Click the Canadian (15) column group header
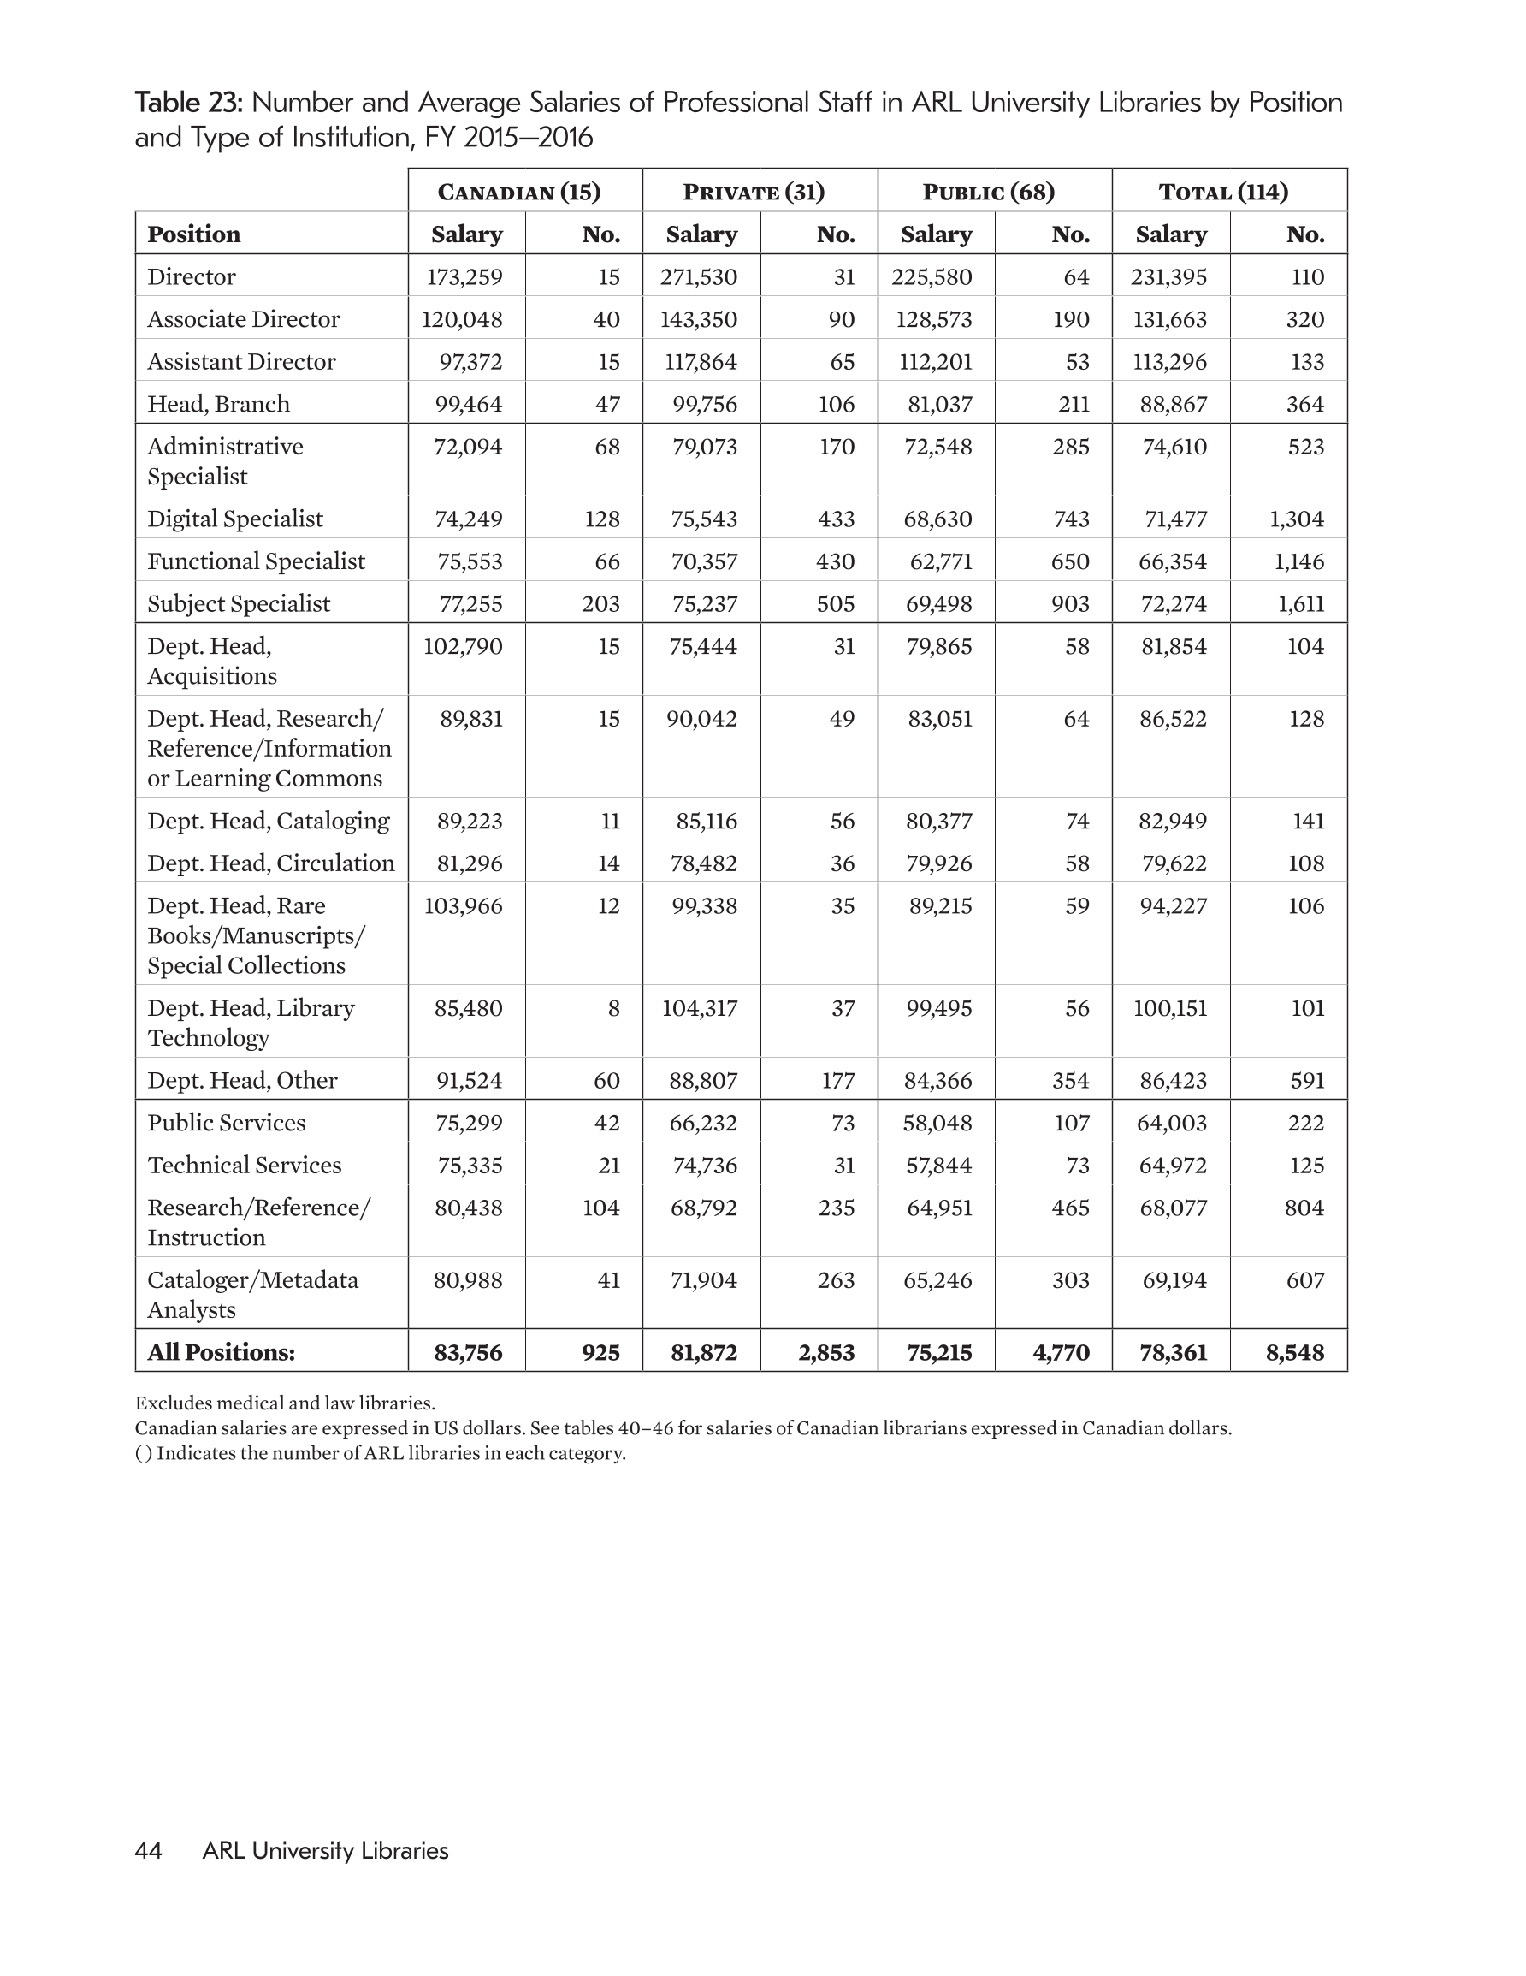519,192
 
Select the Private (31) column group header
754,192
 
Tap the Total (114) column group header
1223,192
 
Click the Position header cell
193,234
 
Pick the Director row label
191,277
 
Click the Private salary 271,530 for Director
698,277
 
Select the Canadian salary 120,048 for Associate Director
461,319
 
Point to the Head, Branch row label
218,404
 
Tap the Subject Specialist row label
238,603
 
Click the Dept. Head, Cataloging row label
268,821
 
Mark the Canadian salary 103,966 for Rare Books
462,905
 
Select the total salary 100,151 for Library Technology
1169,1008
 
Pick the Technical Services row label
245,1166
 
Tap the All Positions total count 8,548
1294,1353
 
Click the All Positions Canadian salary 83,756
468,1353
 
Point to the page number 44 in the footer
148,1850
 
